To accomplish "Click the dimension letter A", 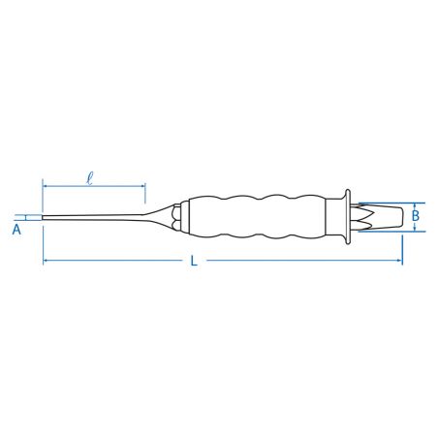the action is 16,230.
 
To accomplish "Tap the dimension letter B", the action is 416,216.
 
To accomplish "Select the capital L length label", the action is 194,261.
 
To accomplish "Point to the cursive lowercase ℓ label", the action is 90,178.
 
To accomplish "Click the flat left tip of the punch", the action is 43,218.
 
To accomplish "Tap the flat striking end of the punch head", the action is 402,217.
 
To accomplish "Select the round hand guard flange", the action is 348,217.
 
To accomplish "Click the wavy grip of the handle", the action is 257,216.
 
